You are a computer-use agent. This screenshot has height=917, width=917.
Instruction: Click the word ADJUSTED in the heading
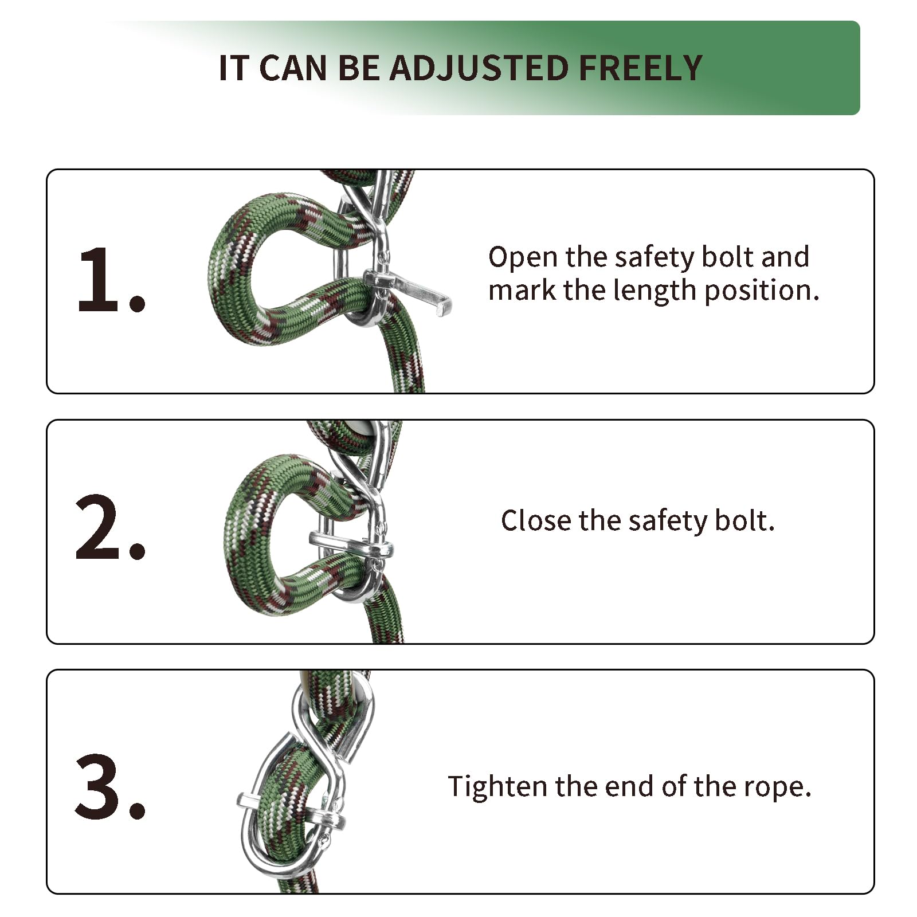point(479,68)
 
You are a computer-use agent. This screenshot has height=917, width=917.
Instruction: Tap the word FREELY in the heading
point(640,68)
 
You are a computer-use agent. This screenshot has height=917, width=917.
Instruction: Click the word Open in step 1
point(523,257)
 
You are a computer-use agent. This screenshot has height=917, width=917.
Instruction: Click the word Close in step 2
point(536,520)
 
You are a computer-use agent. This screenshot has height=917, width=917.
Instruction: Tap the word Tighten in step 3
point(497,786)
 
